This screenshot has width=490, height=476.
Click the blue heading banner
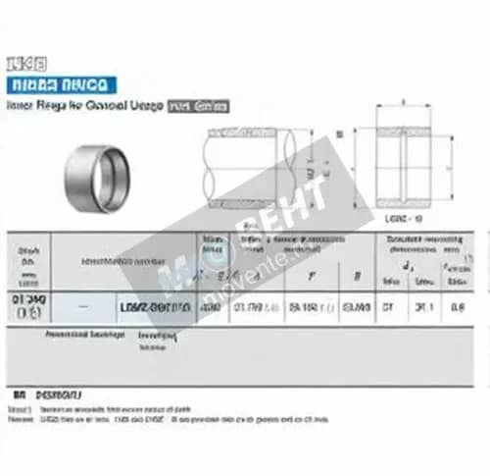(60, 84)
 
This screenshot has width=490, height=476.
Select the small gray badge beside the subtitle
(200, 106)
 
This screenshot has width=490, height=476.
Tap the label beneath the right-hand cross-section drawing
(404, 219)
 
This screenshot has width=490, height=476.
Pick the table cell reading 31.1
(424, 306)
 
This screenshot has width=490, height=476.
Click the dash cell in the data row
(82, 306)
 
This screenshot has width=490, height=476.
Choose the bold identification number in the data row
(155, 307)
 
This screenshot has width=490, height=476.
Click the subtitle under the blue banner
(83, 106)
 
